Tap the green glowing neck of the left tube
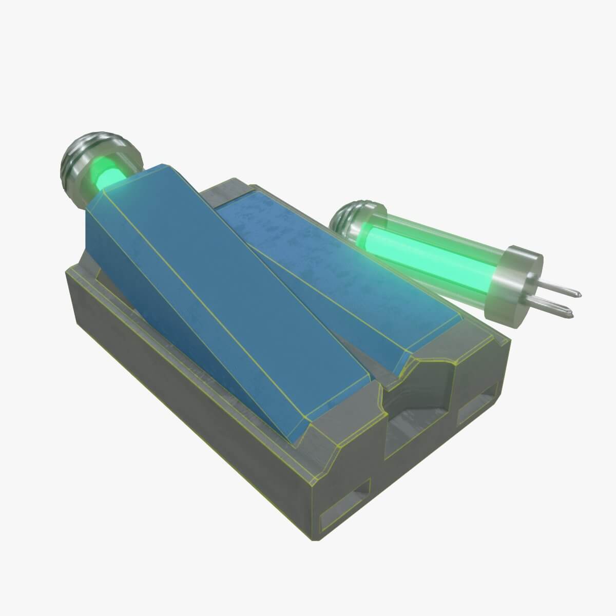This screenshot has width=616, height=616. tap(110, 177)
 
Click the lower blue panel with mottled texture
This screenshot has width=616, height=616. tap(329, 272)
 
